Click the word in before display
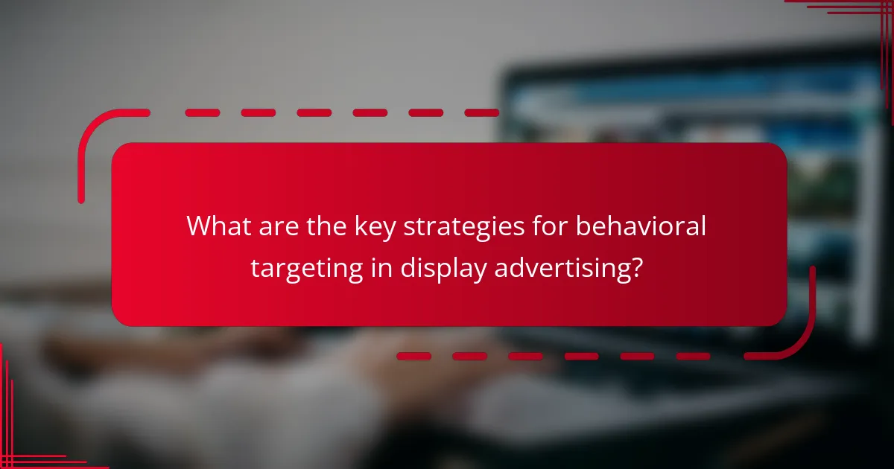[381, 267]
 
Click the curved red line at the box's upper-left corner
[93, 130]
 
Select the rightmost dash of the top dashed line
[481, 113]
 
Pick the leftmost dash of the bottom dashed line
[413, 357]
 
